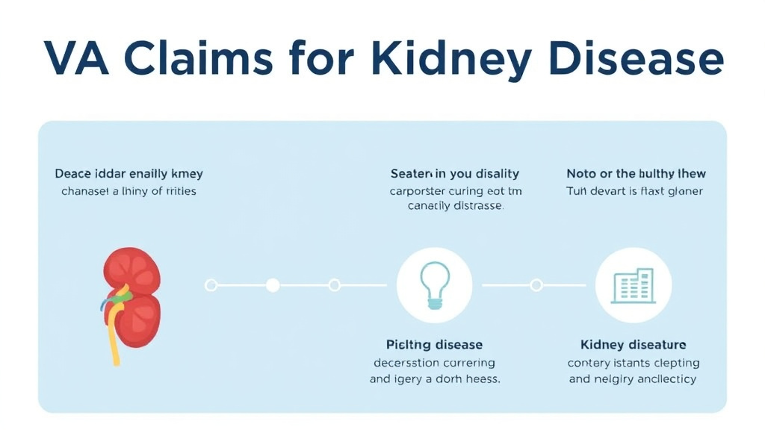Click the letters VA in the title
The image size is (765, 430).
coord(75,59)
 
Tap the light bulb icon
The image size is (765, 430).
coord(435,285)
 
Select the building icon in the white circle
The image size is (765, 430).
coord(634,285)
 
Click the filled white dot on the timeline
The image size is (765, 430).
coord(273,284)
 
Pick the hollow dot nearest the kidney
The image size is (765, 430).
coord(211,284)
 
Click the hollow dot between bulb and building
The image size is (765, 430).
coord(536,284)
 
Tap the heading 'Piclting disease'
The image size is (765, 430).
coord(434,345)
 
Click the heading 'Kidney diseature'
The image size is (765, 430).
coord(633,345)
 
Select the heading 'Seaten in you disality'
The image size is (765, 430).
coord(454,174)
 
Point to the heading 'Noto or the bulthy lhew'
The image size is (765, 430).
coord(636,174)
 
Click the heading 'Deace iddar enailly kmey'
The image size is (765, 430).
coord(129,174)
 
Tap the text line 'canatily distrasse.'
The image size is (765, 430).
coord(455,206)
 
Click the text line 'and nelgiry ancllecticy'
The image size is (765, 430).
coord(633,378)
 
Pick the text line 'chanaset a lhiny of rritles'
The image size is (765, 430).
coord(129,191)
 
